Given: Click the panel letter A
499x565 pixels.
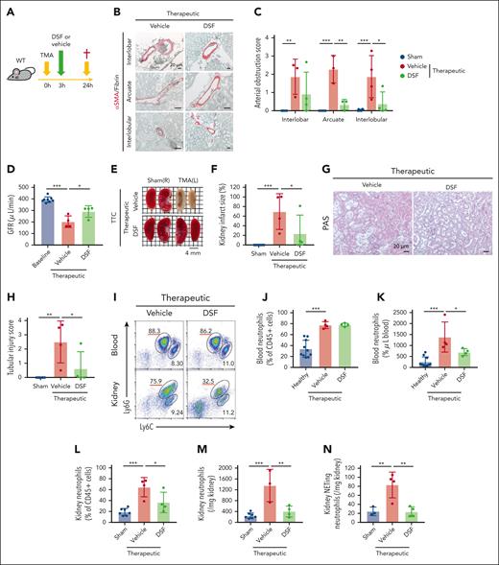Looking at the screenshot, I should tap(7, 9).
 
